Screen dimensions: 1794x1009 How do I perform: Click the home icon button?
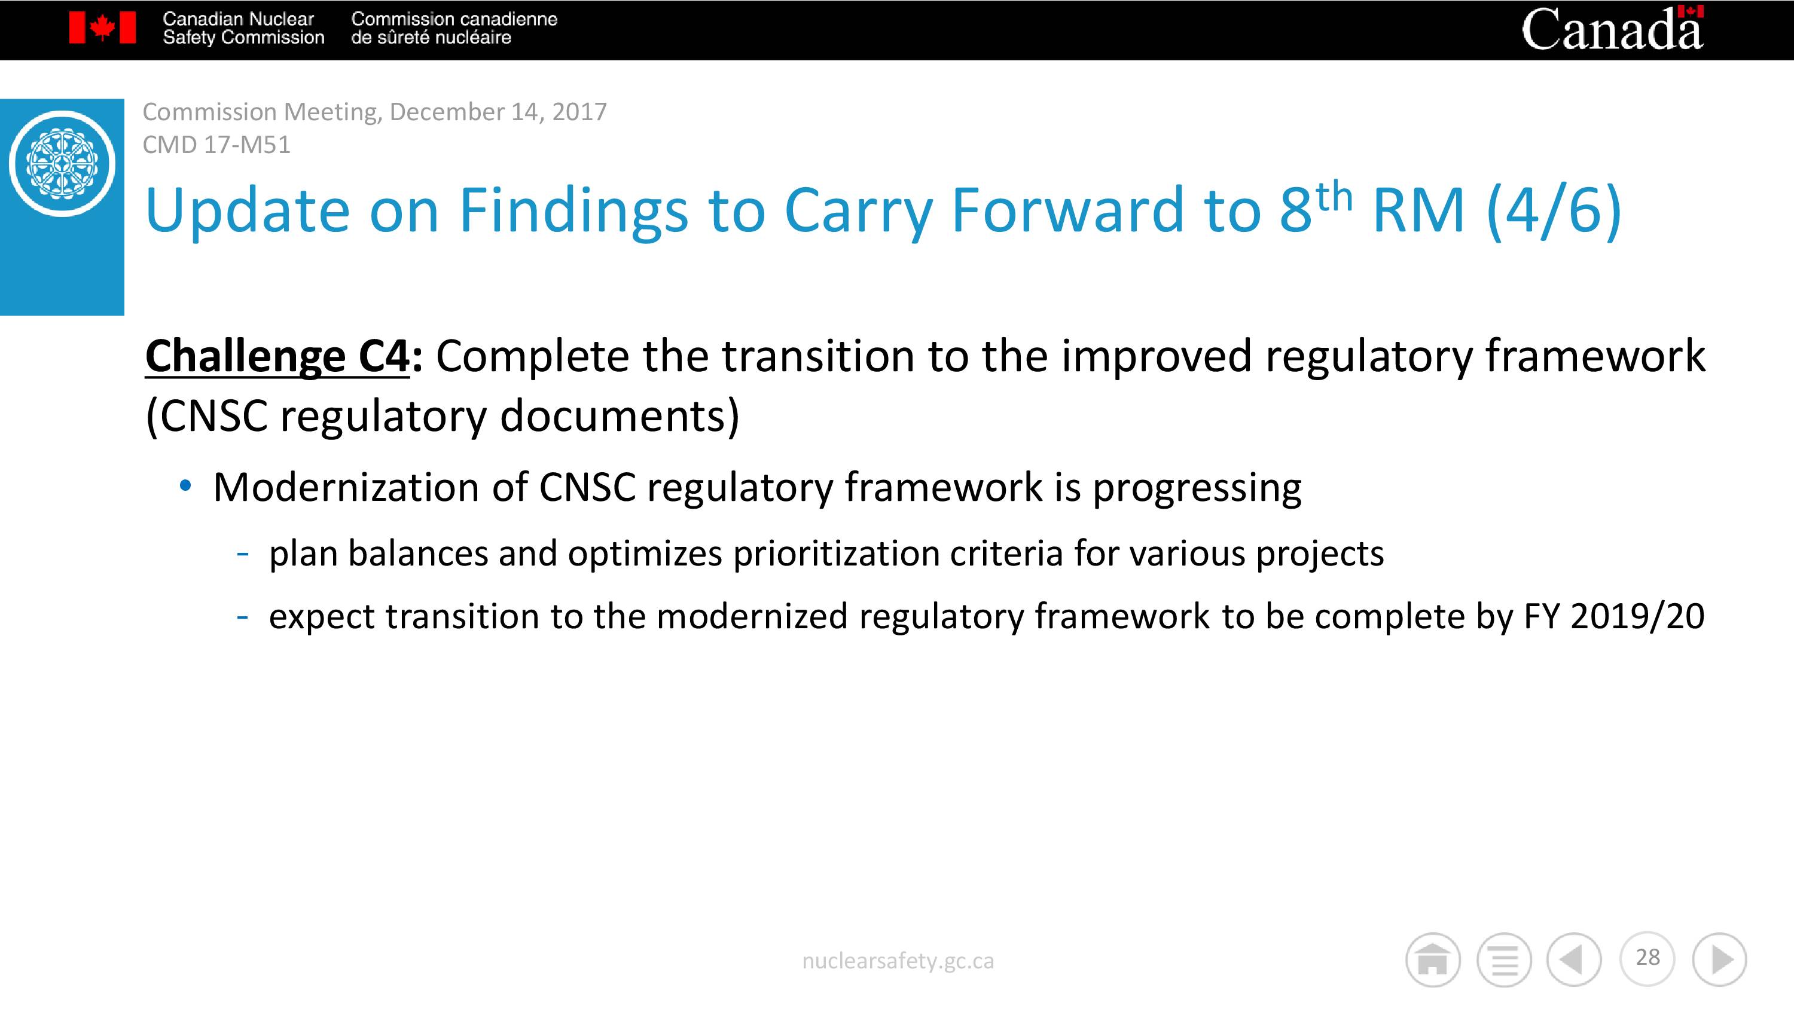click(1433, 959)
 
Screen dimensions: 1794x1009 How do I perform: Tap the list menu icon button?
click(1505, 959)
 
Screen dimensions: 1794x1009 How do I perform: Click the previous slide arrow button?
click(1574, 959)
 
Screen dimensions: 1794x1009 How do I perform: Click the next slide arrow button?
click(1719, 959)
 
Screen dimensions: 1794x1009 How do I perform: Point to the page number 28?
click(1647, 958)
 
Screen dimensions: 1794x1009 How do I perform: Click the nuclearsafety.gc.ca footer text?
click(898, 961)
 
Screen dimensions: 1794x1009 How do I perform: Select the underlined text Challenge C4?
click(277, 356)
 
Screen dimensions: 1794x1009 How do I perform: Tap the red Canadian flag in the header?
click(102, 29)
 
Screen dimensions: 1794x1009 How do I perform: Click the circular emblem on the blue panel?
click(62, 164)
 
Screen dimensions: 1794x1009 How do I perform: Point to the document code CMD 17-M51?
click(216, 145)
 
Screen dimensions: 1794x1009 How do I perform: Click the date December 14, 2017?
click(498, 111)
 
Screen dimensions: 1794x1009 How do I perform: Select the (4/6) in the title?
click(1554, 210)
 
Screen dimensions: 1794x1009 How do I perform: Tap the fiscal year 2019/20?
click(1637, 616)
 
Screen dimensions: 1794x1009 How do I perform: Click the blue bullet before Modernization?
click(185, 486)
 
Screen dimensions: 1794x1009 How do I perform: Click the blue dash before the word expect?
click(242, 617)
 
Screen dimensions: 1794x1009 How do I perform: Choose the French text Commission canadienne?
click(454, 19)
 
